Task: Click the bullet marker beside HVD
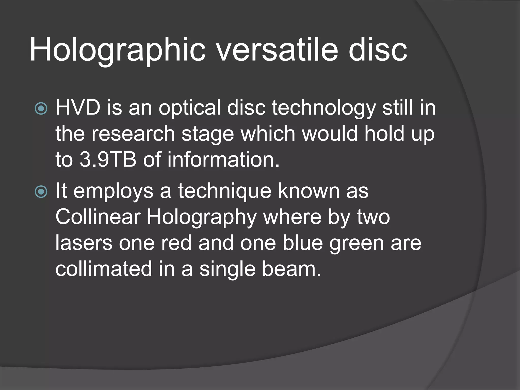(x=41, y=109)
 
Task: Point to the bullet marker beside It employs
(x=41, y=192)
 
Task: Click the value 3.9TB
(x=108, y=160)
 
